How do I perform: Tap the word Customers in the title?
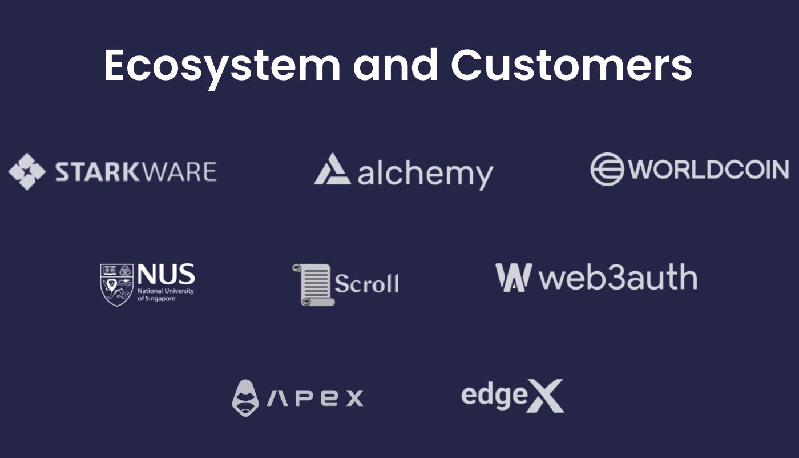(572, 66)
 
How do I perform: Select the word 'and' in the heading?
(396, 66)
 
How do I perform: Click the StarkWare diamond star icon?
(27, 171)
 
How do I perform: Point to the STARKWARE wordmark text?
(136, 172)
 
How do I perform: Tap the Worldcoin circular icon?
(607, 170)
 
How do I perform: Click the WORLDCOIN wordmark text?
(709, 170)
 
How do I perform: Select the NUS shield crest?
(116, 284)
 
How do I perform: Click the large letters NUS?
(166, 275)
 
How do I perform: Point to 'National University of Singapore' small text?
(165, 295)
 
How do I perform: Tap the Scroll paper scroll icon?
(313, 284)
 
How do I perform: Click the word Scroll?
(366, 283)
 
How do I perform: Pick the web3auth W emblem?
(513, 278)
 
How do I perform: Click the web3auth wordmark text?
(618, 278)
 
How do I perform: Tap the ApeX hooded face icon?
(245, 398)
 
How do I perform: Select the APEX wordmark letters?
(315, 397)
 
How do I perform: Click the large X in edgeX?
(544, 396)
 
